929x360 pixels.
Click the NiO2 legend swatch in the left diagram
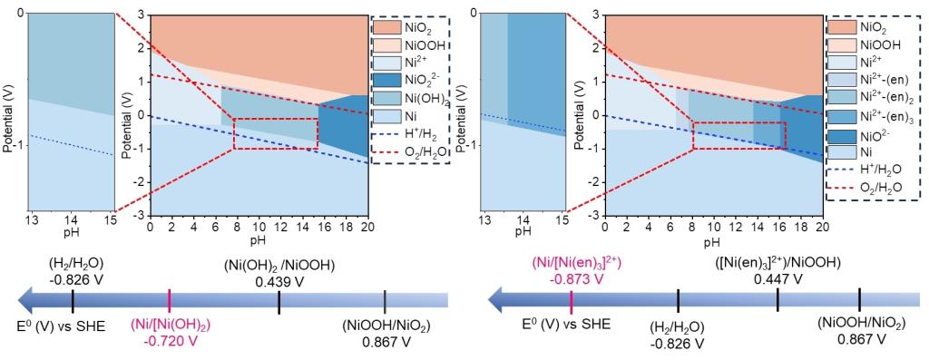coord(387,27)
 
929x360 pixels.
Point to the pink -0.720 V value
coord(170,341)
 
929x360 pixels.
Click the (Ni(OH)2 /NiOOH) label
coord(279,268)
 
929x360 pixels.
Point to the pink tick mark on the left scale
coord(170,300)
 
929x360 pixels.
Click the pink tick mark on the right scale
coord(571,300)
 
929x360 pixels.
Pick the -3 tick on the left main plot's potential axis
coord(142,216)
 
